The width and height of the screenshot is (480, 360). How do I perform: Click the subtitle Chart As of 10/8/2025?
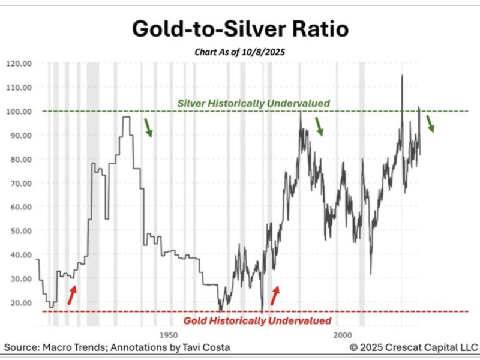(x=239, y=52)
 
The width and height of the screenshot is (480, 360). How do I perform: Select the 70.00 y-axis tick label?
(x=20, y=183)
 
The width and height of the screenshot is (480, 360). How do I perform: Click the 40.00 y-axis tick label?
(x=20, y=254)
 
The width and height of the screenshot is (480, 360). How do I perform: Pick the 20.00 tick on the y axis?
(x=20, y=302)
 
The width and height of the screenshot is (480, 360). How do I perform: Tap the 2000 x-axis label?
(x=343, y=334)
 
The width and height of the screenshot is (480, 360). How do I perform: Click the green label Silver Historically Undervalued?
(x=254, y=104)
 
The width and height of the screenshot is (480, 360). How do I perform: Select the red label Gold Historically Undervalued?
(x=257, y=321)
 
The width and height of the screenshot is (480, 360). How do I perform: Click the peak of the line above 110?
(x=401, y=76)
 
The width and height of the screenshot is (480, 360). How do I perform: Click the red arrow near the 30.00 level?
(x=72, y=295)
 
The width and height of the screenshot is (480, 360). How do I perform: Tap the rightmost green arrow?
(x=431, y=124)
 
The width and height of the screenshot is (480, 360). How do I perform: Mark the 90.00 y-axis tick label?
(x=20, y=135)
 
